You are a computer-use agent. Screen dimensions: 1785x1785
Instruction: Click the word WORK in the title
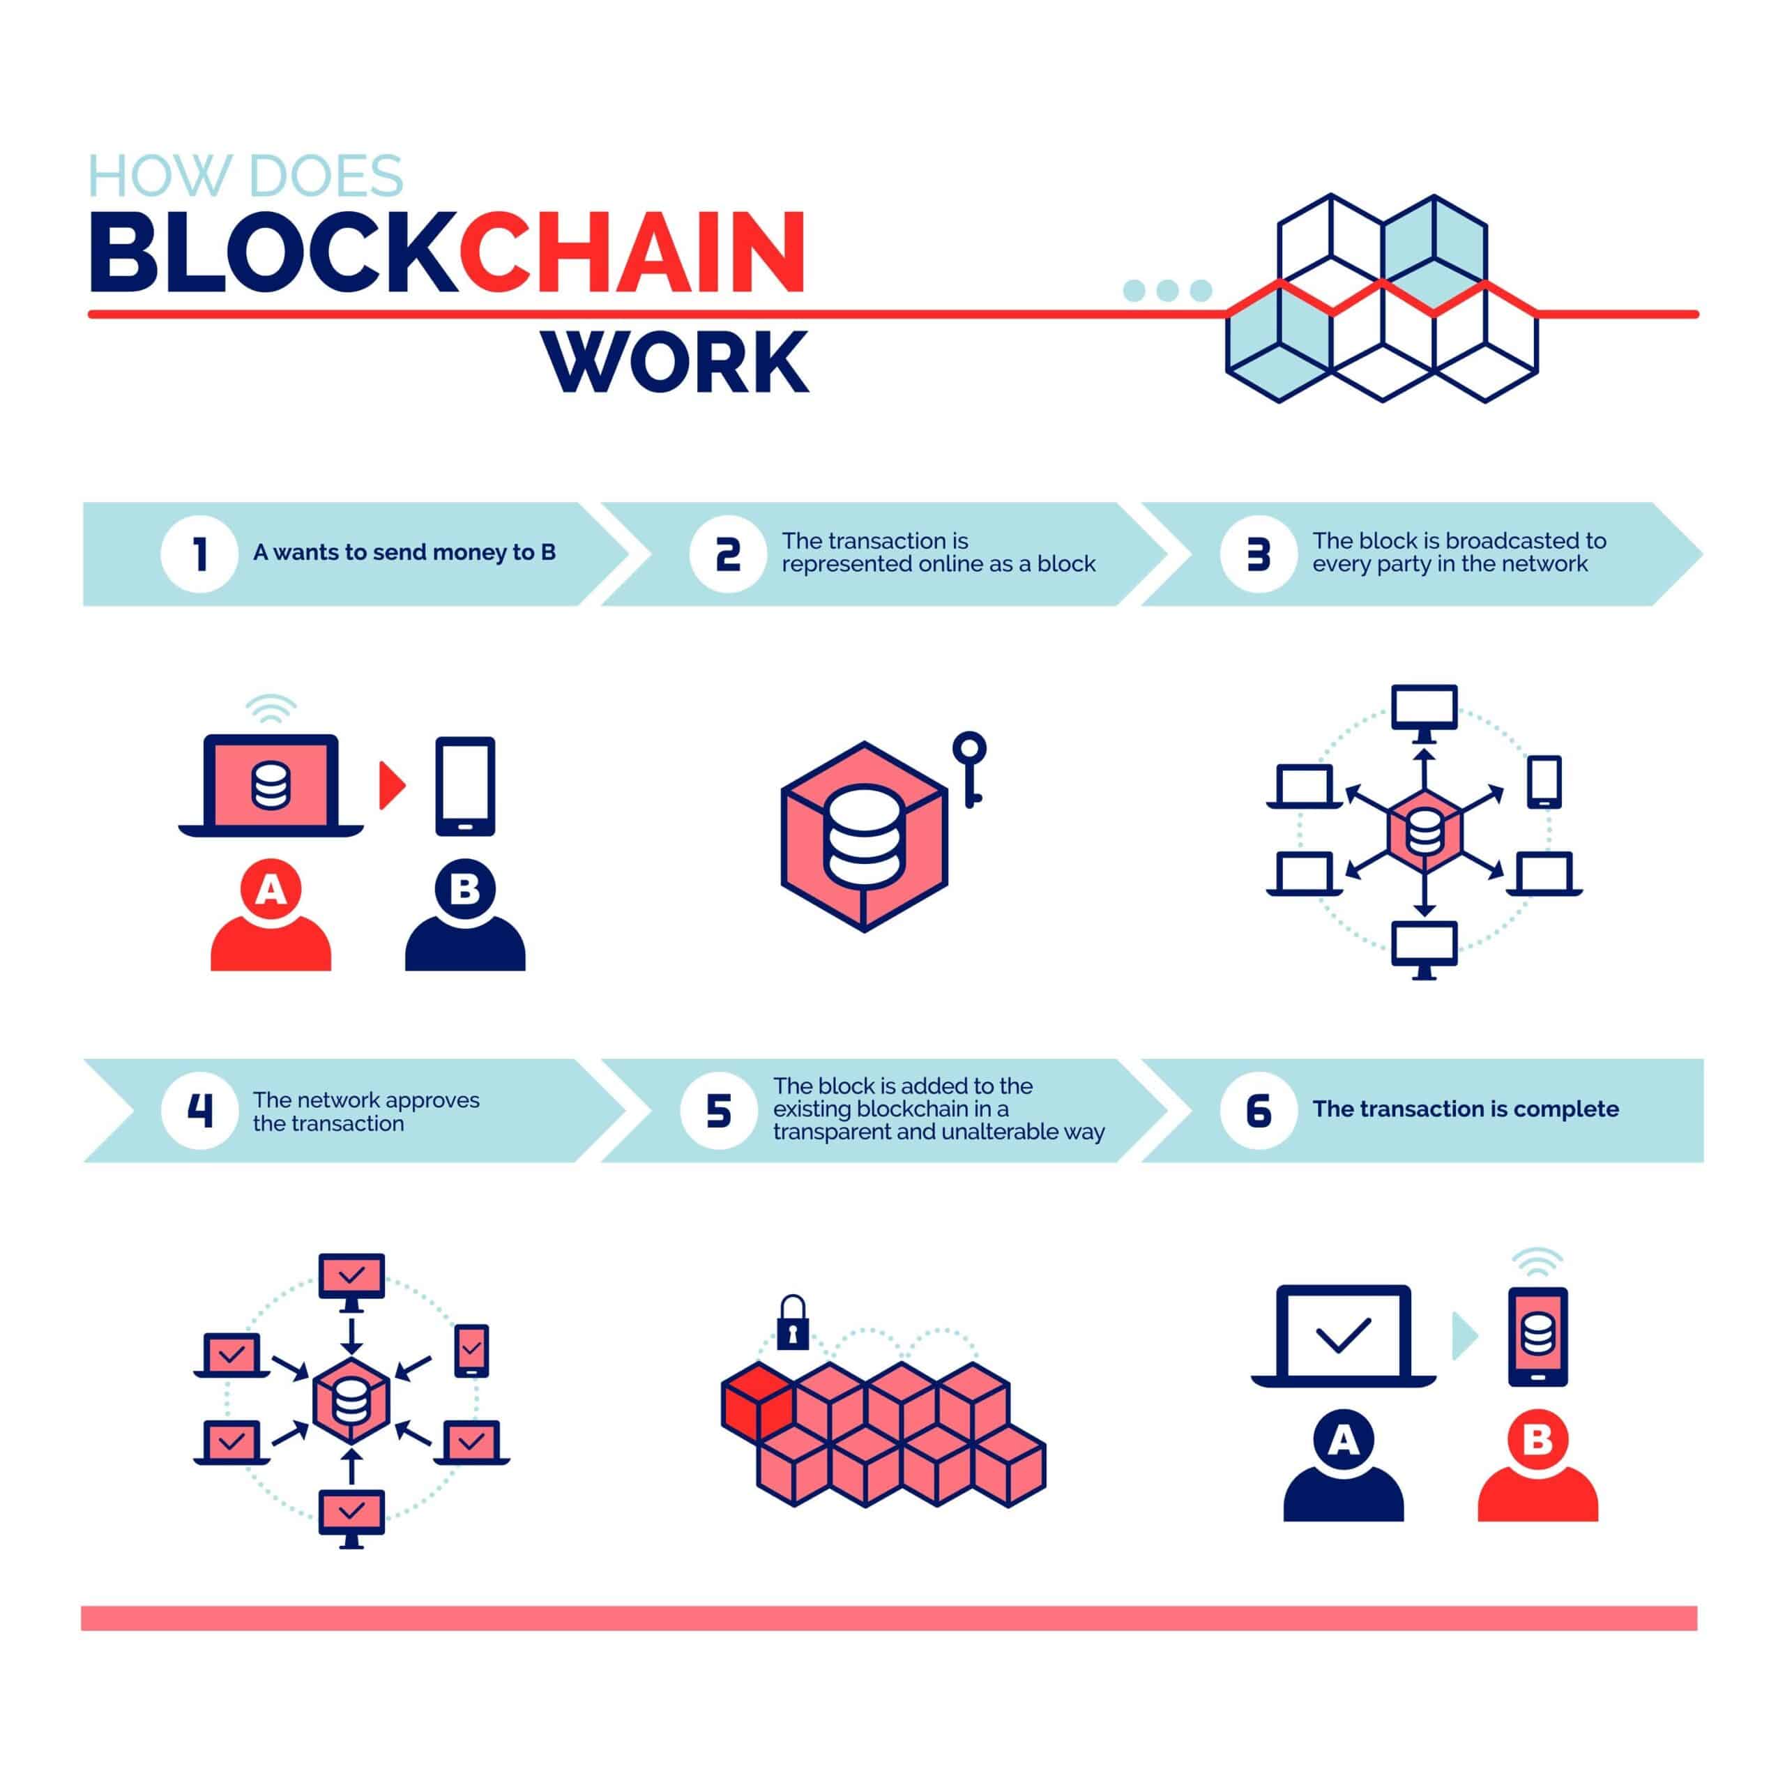coord(676,362)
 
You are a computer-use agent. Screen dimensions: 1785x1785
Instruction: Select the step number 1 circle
coord(199,554)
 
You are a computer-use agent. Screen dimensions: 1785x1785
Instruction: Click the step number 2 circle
coord(728,554)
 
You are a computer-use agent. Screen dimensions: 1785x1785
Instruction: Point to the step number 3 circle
coord(1259,554)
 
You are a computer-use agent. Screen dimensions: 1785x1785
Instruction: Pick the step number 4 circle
coord(199,1111)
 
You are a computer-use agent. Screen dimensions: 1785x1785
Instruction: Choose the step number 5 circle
coord(719,1111)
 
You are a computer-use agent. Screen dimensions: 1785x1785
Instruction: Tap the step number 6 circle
coord(1259,1111)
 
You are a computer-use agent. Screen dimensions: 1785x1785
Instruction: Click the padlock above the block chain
coord(793,1323)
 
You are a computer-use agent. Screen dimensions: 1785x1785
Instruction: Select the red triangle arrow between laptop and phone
coord(392,785)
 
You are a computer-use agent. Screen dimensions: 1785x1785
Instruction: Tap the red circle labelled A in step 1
coord(270,890)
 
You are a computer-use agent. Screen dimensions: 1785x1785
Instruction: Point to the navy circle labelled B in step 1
coord(465,890)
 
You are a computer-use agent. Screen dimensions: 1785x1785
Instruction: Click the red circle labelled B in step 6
coord(1537,1439)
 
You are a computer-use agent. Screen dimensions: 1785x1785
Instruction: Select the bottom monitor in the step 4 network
coord(351,1520)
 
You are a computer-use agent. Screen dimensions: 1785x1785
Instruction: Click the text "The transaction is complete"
coord(1466,1109)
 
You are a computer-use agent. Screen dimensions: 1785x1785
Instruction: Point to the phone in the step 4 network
coord(472,1351)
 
